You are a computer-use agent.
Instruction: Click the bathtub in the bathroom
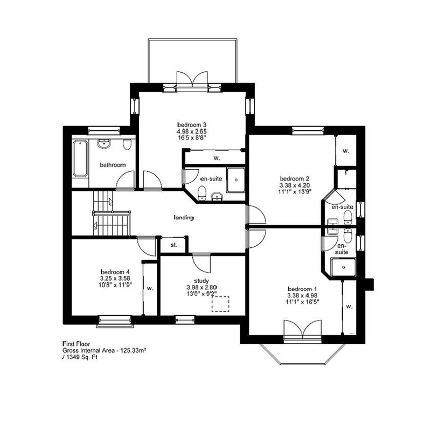pyautogui.click(x=81, y=158)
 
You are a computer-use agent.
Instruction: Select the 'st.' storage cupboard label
pyautogui.click(x=173, y=245)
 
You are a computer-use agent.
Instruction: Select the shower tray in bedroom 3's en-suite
pyautogui.click(x=235, y=179)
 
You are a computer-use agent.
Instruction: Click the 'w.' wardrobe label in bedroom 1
pyautogui.click(x=349, y=306)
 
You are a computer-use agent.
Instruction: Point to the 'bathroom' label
pyautogui.click(x=113, y=165)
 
